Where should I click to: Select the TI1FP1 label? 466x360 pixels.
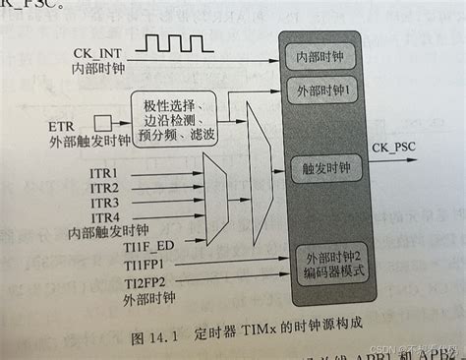144,264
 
